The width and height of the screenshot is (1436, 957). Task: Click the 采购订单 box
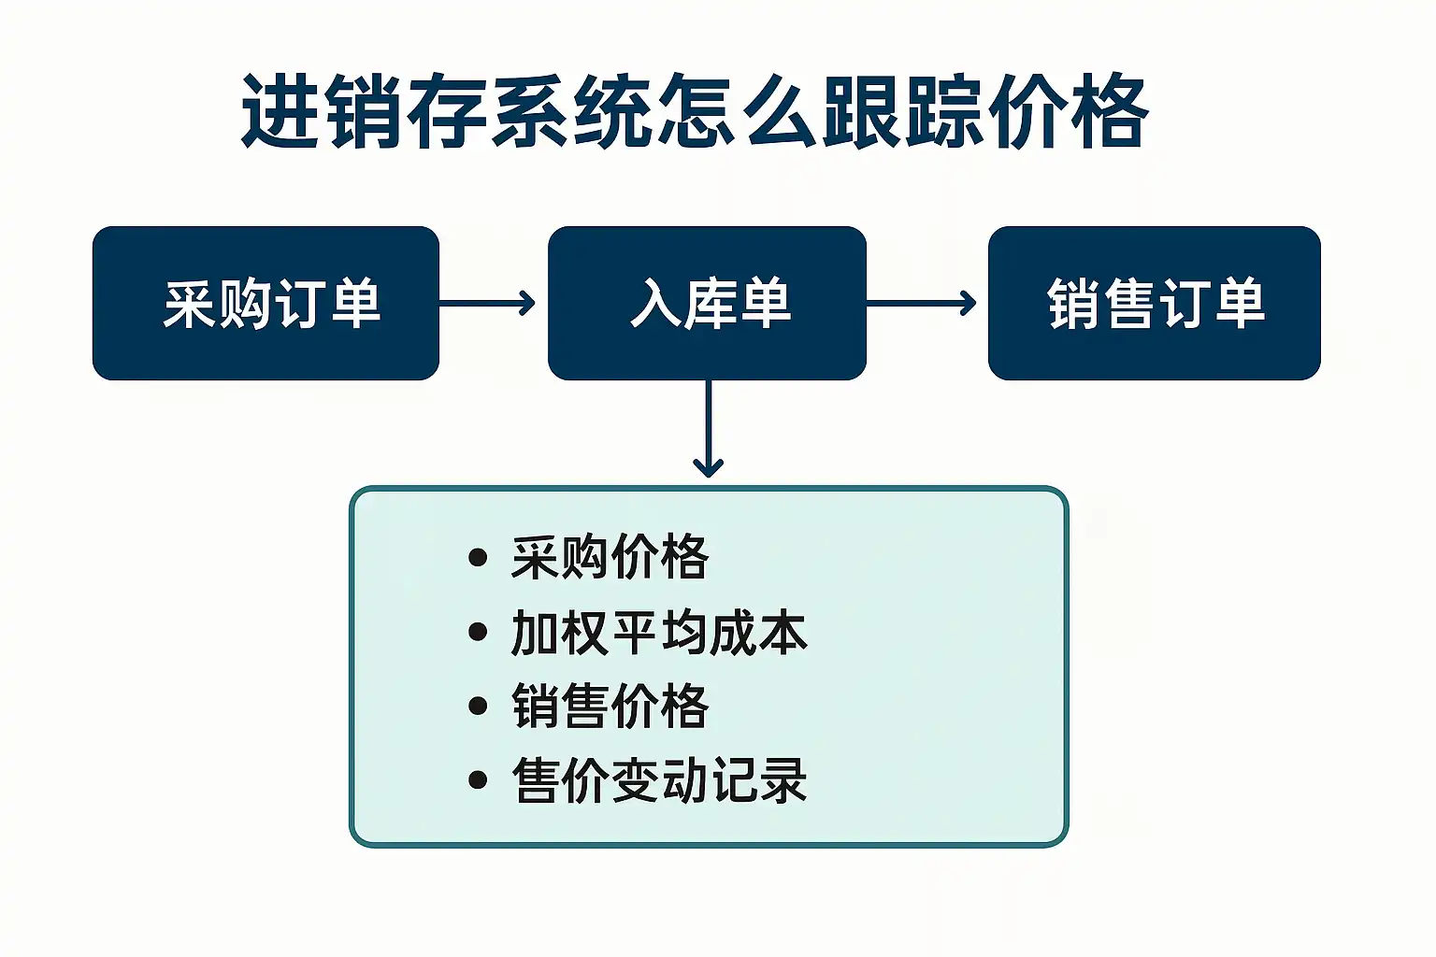266,303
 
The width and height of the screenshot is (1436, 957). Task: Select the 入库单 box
707,303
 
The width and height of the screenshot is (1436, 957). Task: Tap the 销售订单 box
1154,303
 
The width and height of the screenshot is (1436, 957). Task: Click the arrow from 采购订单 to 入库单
487,303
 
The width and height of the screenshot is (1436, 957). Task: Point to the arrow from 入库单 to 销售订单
922,303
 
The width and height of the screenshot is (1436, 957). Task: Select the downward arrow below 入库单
708,430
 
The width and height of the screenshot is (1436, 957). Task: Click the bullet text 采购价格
610,558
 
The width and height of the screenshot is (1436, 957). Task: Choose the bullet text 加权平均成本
659,633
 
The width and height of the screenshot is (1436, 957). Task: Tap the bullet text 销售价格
610,706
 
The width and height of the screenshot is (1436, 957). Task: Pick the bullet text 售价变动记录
659,779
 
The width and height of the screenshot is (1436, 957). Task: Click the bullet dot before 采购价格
478,558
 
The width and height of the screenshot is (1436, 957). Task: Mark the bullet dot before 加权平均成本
478,633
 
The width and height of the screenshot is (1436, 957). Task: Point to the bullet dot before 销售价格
478,706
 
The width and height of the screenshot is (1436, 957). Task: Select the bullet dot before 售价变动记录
478,779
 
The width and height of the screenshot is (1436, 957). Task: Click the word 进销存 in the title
365,112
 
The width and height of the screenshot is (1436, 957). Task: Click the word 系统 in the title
571,112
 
